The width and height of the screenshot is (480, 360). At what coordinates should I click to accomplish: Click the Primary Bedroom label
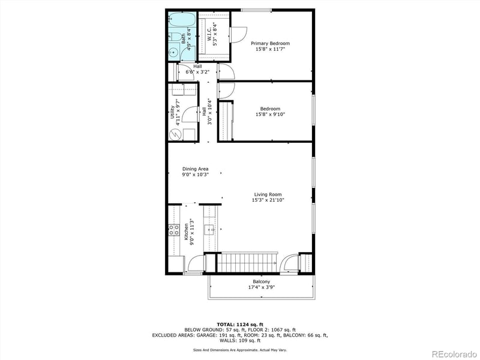[270, 43]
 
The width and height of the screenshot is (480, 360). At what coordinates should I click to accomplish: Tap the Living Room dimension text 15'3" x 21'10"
[268, 200]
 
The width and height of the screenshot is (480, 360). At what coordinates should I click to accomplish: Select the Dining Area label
[195, 169]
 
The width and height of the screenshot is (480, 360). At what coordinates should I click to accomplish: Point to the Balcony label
[261, 281]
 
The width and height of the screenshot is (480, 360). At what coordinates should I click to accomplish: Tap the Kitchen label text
[187, 230]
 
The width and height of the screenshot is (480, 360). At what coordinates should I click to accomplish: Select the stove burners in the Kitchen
[173, 228]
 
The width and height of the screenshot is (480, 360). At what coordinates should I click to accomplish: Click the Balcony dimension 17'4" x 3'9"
[261, 287]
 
